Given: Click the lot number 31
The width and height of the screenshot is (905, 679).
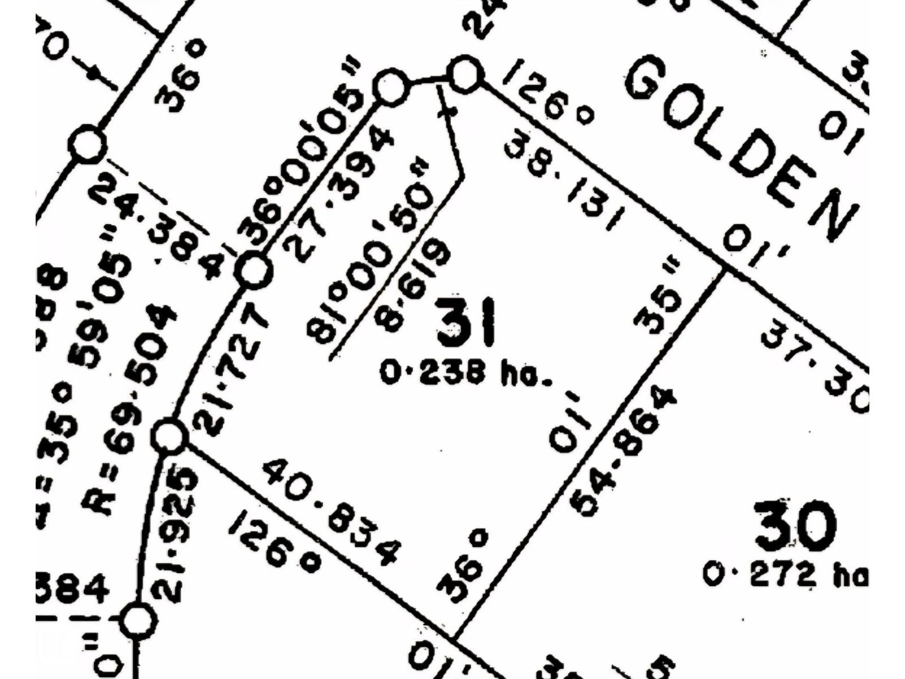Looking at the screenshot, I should coord(466,324).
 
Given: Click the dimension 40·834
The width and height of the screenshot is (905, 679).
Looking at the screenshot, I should coord(332,512).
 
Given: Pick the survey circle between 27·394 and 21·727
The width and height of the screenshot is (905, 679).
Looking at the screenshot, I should coord(254,270).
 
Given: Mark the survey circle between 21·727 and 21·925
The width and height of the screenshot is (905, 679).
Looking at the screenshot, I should coord(169,436).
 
